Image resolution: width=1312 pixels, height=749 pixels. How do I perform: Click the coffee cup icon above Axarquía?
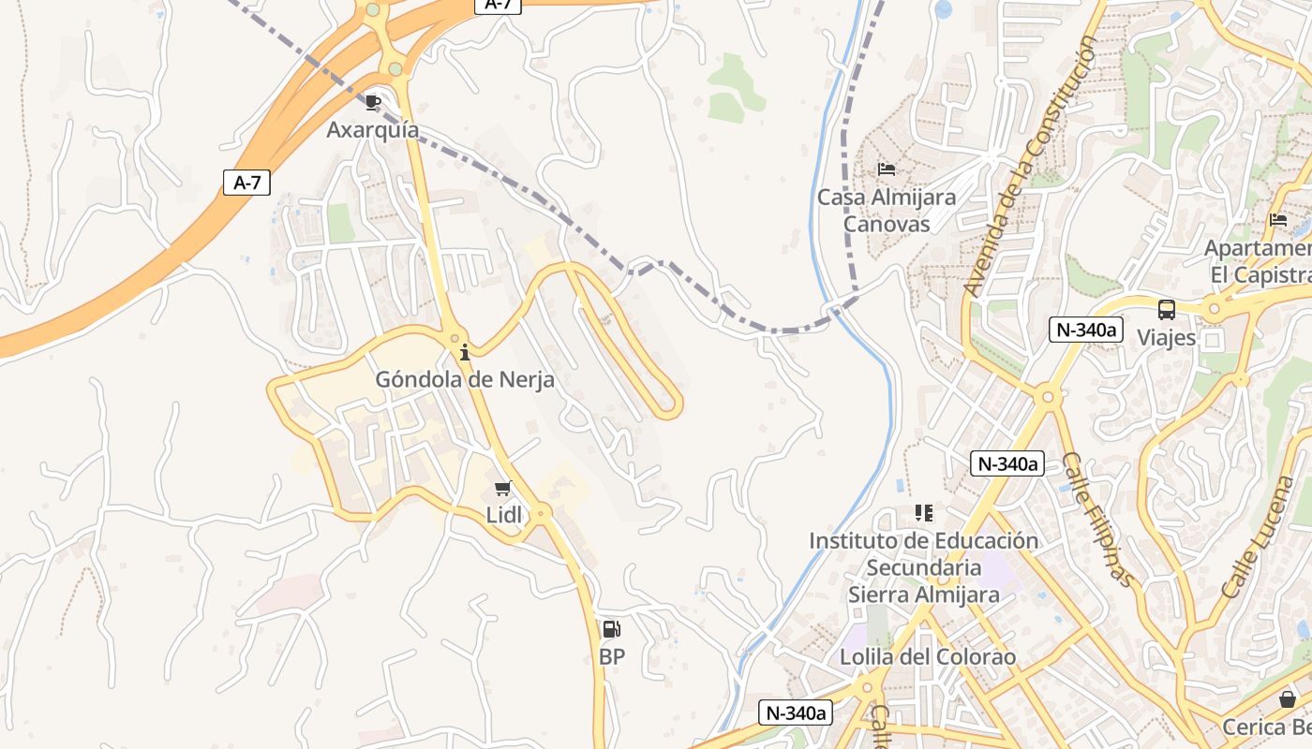373,102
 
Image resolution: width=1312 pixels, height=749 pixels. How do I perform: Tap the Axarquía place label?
373,130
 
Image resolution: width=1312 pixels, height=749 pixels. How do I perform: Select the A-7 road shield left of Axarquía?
247,183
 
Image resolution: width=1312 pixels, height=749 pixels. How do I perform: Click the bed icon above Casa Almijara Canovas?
887,169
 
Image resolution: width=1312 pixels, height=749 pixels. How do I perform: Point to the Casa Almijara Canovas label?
887,211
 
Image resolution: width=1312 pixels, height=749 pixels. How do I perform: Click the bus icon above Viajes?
1167,309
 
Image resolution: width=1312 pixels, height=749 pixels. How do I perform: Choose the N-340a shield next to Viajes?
1086,330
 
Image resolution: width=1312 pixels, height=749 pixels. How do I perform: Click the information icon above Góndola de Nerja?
464,352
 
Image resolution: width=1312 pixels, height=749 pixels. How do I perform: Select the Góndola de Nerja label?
465,380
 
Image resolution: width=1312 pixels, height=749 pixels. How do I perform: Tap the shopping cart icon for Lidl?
503,488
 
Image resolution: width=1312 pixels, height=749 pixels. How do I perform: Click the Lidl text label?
503,514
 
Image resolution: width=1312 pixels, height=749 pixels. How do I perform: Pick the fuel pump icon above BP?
611,629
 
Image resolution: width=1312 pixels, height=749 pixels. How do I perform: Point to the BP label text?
612,657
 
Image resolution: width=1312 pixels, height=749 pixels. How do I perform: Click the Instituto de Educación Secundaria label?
923,567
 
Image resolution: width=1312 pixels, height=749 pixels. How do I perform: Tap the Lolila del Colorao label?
927,657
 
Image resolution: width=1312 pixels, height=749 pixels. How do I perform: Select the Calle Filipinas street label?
1096,520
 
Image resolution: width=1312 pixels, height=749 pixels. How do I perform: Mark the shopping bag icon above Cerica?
1289,699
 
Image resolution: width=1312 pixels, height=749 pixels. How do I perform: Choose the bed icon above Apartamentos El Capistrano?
1278,221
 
